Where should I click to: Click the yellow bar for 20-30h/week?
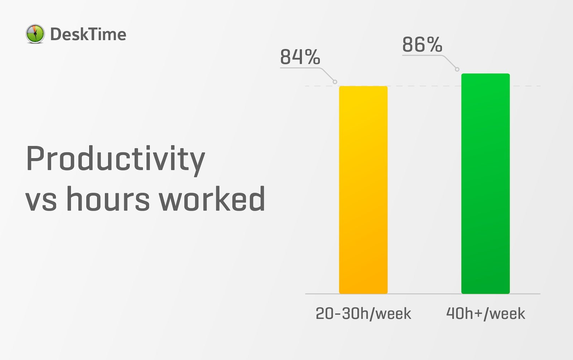pyautogui.click(x=363, y=190)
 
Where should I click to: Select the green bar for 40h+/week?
pyautogui.click(x=486, y=184)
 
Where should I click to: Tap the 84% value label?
pyautogui.click(x=300, y=57)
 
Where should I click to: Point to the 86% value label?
pyautogui.click(x=422, y=44)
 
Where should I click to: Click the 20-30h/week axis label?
pyautogui.click(x=363, y=313)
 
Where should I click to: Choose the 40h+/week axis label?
pyautogui.click(x=486, y=313)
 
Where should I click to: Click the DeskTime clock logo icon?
pyautogui.click(x=35, y=34)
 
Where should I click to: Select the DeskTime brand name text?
pyautogui.click(x=88, y=34)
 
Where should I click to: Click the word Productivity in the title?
pyautogui.click(x=115, y=160)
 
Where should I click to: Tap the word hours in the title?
pyautogui.click(x=108, y=199)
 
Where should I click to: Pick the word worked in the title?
pyautogui.click(x=212, y=199)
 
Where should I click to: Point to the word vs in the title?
pyautogui.click(x=41, y=202)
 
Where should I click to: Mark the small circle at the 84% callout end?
pyautogui.click(x=335, y=82)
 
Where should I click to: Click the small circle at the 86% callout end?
pyautogui.click(x=457, y=69)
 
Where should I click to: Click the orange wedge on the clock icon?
pyautogui.click(x=34, y=29)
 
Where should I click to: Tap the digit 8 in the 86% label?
pyautogui.click(x=409, y=44)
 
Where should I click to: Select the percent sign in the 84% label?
pyautogui.click(x=312, y=57)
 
